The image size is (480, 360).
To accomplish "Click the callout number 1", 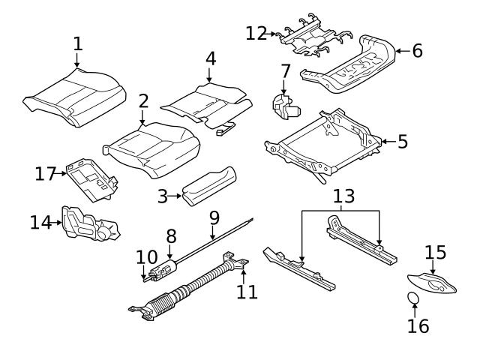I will click(78, 43).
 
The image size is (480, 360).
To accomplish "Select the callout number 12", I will click(256, 32).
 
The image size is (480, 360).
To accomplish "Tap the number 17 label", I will click(46, 174).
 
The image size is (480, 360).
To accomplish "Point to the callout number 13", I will click(343, 197).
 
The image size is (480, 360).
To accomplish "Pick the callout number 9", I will click(214, 218).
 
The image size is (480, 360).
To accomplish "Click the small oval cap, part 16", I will click(413, 299).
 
